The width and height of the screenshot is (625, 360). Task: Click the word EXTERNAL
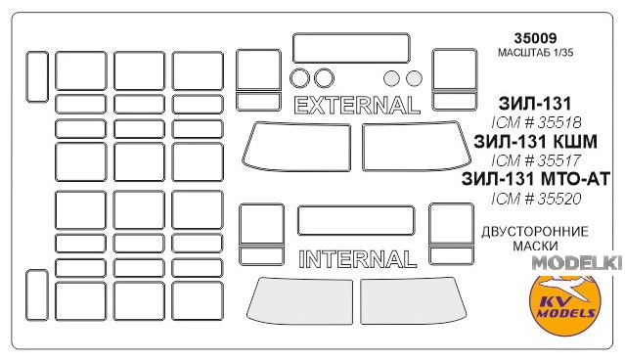(357, 106)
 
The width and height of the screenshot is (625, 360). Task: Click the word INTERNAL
(358, 259)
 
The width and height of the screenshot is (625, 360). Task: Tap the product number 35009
(535, 38)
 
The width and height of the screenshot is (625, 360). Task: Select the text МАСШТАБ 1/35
(535, 53)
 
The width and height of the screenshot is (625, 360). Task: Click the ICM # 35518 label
(536, 122)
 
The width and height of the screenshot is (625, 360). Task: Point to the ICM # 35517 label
(536, 160)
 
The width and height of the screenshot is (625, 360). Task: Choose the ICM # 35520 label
(536, 199)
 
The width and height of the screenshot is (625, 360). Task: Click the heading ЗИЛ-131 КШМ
(535, 142)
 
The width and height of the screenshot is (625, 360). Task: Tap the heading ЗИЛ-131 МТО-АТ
(536, 179)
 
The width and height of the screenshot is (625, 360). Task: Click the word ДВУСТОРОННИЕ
(535, 232)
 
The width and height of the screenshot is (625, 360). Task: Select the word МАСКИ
(535, 246)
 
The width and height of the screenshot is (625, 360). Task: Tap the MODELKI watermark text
(577, 263)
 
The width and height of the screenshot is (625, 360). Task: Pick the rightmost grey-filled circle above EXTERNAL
(414, 78)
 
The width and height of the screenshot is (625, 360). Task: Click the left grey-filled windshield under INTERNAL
(299, 300)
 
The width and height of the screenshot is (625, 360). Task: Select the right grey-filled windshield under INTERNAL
(414, 300)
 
